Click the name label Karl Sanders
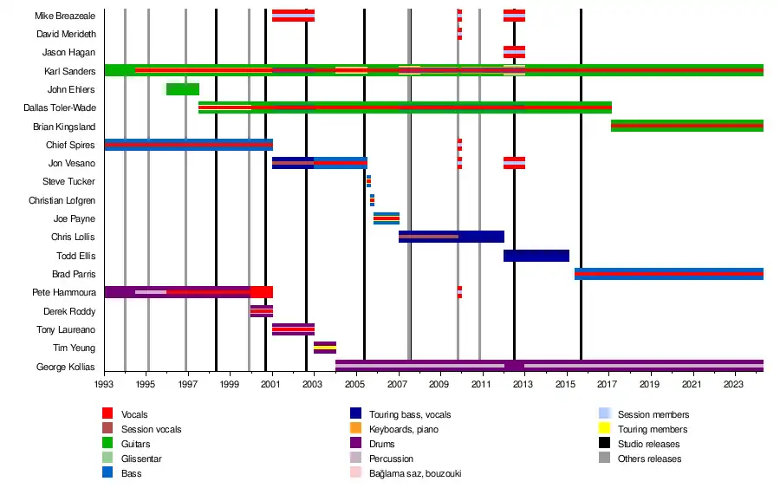coord(70,71)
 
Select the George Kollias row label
coord(66,368)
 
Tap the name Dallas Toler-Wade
coord(60,108)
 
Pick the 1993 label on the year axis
coord(104,383)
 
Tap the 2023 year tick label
coord(733,383)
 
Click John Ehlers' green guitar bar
coord(182,89)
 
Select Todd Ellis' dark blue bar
coord(536,256)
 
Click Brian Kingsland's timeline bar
coord(686,127)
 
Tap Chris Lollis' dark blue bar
coord(451,237)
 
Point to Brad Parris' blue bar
coord(668,274)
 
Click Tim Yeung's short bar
coord(325,348)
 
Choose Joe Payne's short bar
coord(387,218)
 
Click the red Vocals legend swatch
coord(107,415)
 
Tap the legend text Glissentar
coord(142,459)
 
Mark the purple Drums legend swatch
coord(355,445)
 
